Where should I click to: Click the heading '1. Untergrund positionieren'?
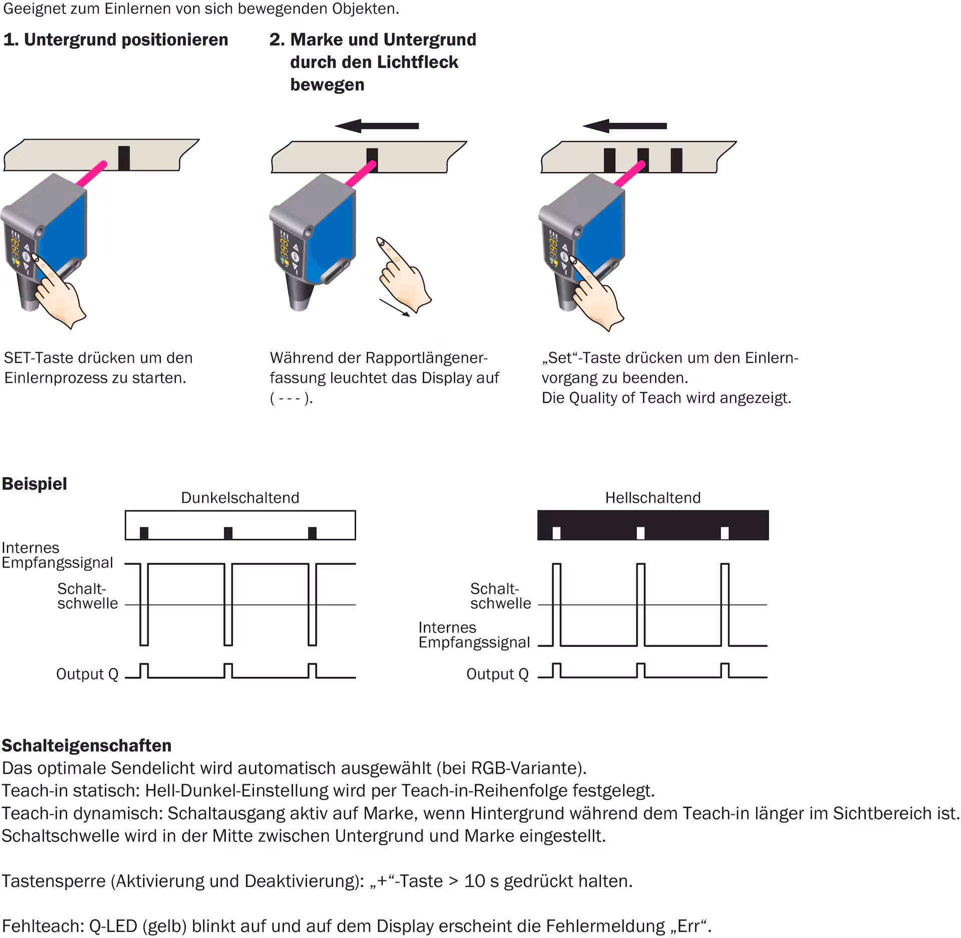(116, 40)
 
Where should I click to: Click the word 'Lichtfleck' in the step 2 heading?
(418, 63)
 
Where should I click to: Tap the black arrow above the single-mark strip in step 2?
(377, 126)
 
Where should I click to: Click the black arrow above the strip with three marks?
(625, 126)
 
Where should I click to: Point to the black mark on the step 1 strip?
(124, 158)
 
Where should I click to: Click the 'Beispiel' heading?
(35, 484)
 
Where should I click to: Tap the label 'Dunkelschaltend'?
(240, 498)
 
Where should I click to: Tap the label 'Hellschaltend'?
(653, 498)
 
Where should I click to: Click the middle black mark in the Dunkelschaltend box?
(228, 533)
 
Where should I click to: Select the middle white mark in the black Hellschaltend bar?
(641, 533)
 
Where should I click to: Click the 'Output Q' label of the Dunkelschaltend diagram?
(87, 674)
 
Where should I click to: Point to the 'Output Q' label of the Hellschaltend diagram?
(498, 674)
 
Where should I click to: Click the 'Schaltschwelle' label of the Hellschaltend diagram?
(500, 596)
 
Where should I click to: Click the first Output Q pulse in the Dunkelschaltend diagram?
(144, 671)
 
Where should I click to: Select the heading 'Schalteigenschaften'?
(87, 746)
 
